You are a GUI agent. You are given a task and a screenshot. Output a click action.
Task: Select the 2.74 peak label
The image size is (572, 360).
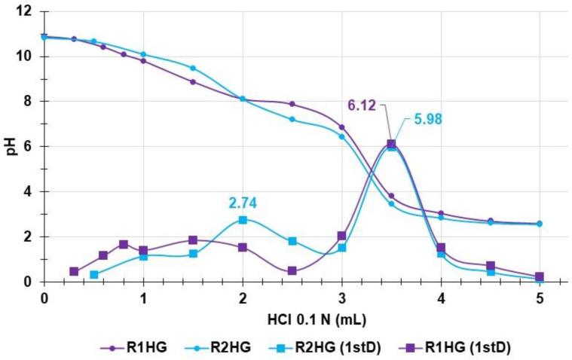pyautogui.click(x=243, y=203)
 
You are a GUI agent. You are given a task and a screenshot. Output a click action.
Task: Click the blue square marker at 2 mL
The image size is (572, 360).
pyautogui.click(x=243, y=220)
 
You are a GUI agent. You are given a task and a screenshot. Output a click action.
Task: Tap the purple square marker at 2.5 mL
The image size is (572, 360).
pyautogui.click(x=292, y=271)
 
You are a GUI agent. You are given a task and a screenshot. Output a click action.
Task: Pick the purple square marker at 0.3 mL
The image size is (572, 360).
pyautogui.click(x=74, y=271)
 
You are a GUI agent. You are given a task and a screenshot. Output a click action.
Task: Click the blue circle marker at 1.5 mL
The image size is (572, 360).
pyautogui.click(x=193, y=68)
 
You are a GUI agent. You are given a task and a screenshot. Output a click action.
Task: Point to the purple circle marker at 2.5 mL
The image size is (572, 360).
pyautogui.click(x=292, y=104)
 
